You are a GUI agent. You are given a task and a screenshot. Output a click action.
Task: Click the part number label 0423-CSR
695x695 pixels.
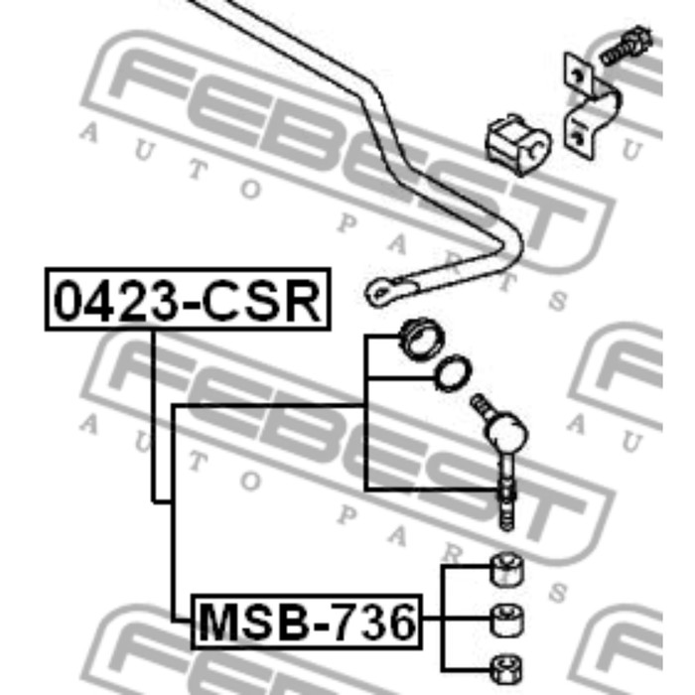pyautogui.click(x=188, y=299)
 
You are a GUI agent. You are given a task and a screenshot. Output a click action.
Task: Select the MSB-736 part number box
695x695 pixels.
pyautogui.click(x=306, y=622)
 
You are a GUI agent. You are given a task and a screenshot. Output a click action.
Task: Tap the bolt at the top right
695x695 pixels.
pyautogui.click(x=626, y=46)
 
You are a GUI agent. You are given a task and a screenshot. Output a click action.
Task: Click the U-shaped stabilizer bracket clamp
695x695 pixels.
pyautogui.click(x=590, y=106)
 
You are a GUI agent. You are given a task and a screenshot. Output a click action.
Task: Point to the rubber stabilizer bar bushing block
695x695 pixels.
pyautogui.click(x=517, y=144)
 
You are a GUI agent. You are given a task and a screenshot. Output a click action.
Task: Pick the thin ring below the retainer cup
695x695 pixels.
pyautogui.click(x=453, y=373)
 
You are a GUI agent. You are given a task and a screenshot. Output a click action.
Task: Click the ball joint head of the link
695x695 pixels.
pyautogui.click(x=507, y=430)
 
